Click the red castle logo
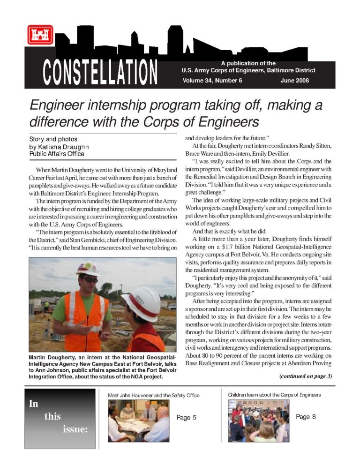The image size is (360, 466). click(40, 35)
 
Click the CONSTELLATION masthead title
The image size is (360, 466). click(100, 73)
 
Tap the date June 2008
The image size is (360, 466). click(294, 80)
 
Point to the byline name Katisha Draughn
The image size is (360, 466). click(61, 146)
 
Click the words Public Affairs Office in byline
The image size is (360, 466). click(57, 153)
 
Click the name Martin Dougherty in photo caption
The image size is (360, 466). click(52, 358)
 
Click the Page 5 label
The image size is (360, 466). click(186, 417)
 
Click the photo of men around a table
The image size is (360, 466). click(138, 420)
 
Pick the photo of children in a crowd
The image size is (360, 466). click(259, 420)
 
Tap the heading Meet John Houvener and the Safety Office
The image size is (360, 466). click(154, 395)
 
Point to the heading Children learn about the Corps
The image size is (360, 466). click(274, 395)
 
